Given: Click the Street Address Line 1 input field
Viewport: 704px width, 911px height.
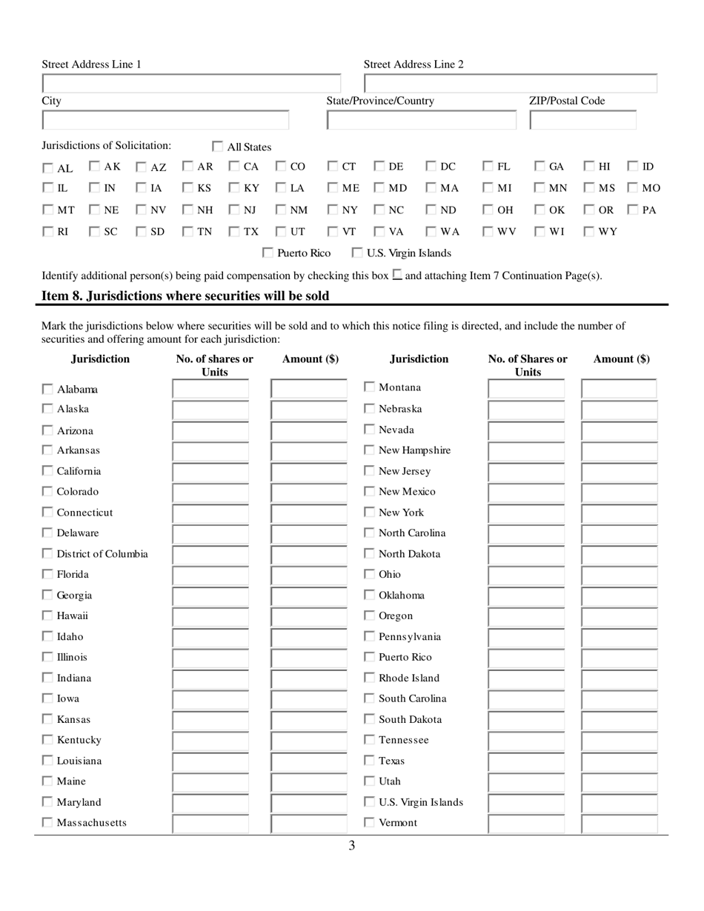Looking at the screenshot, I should (191, 84).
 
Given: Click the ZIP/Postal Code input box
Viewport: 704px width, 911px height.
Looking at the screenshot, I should (582, 120).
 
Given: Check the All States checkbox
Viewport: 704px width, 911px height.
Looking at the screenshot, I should (219, 147).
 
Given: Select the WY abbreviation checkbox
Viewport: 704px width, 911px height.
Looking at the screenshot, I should (589, 232).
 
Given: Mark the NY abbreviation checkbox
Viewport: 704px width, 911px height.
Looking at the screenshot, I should (333, 210).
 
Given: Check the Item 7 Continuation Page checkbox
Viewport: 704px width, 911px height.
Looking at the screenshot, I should (397, 275).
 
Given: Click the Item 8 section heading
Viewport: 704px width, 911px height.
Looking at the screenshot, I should (185, 296).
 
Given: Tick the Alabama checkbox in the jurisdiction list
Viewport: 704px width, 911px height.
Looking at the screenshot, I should (47, 389).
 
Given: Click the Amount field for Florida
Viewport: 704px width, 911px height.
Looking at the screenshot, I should (308, 575).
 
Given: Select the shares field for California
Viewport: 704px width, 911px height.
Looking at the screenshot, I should (210, 472).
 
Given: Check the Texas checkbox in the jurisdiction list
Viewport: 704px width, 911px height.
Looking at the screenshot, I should (369, 761).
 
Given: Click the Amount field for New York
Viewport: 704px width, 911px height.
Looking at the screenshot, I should (618, 513).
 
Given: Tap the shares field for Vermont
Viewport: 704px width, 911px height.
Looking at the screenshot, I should (525, 823).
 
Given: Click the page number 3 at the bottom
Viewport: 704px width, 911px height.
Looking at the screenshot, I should (351, 846).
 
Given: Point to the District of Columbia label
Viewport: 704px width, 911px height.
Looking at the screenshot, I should (102, 554).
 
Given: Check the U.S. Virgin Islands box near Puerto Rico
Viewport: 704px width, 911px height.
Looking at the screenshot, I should (357, 253).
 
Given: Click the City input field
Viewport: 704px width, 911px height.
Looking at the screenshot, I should (165, 120).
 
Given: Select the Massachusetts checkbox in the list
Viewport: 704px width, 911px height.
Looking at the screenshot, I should (47, 823).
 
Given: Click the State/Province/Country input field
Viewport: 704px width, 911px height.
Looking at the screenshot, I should (421, 120).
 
